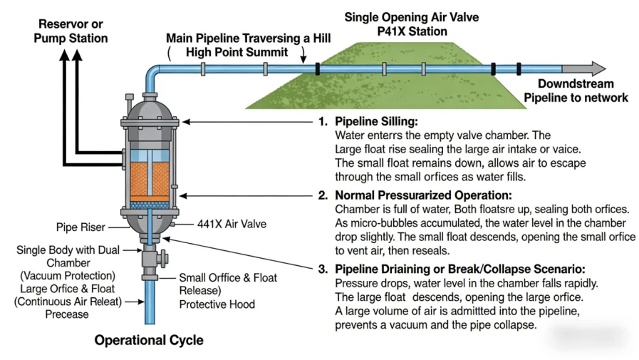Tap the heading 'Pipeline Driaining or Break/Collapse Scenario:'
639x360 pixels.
tap(460, 269)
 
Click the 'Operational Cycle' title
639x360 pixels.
tap(149, 340)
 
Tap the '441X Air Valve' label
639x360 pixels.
tap(232, 224)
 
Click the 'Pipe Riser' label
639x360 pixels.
tap(80, 227)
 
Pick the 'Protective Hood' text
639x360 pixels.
tap(218, 304)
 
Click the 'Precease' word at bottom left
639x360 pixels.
tap(67, 314)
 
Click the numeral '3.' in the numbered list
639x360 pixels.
tap(321, 269)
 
